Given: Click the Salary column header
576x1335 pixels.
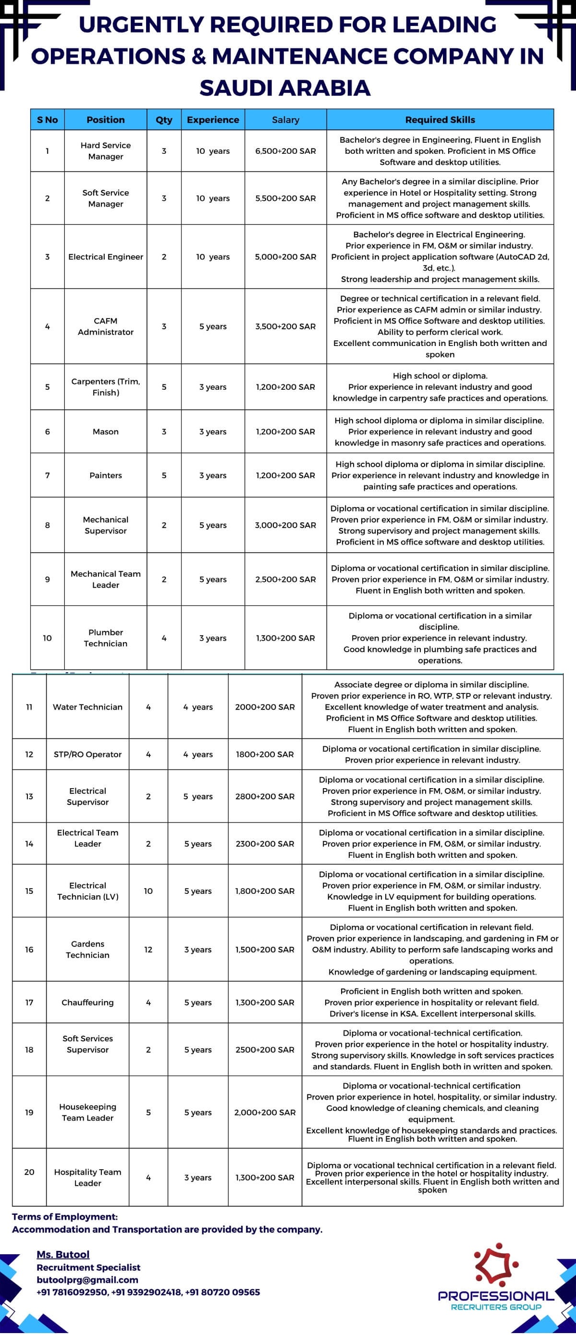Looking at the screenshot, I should [x=285, y=120].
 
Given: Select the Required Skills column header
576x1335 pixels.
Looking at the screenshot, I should [x=440, y=120].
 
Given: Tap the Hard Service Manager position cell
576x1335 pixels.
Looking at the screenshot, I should [x=106, y=151].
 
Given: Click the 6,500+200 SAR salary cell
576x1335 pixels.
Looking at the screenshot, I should [x=285, y=151].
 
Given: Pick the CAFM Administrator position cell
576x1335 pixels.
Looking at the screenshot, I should [x=106, y=326].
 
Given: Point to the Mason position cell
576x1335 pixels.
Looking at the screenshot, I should [x=106, y=432].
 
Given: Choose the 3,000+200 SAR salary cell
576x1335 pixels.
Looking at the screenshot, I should [x=285, y=525].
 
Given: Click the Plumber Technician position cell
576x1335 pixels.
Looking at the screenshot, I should [x=106, y=638].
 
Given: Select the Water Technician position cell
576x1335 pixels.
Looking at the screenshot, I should [x=87, y=707].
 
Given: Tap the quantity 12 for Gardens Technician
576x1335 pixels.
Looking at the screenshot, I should [x=148, y=950].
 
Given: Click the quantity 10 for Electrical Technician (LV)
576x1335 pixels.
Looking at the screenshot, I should [x=148, y=891].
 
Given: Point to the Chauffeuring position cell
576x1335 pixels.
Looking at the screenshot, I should [x=87, y=1002].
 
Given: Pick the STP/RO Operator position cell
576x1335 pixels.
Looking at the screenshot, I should [x=87, y=754].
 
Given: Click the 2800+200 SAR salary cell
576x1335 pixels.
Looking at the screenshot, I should [x=265, y=797].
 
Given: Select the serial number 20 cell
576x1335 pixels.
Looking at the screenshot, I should [x=29, y=1172].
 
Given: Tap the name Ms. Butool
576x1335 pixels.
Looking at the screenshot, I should [x=62, y=1254].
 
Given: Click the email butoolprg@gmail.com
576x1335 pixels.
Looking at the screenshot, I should [x=87, y=1280].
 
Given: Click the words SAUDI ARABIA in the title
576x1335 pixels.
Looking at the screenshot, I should [x=285, y=88].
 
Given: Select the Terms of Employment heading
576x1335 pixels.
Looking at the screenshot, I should [x=65, y=1216].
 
